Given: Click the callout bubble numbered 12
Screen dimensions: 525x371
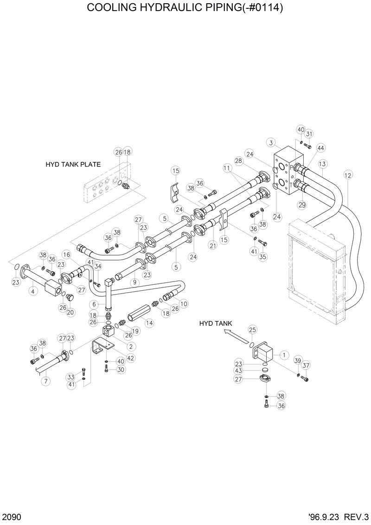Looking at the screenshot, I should pos(348,175).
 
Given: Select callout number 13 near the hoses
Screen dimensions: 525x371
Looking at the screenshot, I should pos(323,164).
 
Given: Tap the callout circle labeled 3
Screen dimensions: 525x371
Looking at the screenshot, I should pos(272,142).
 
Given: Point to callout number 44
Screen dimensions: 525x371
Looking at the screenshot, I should pos(320,148).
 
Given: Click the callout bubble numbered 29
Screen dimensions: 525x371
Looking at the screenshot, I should pos(301,205).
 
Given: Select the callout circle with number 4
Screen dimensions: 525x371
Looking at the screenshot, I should pos(32,291).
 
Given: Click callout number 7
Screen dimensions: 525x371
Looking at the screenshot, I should pos(45,381).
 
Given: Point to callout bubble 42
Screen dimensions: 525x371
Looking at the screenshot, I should pos(130,358).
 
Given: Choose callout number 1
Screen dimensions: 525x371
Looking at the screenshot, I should pos(284,355).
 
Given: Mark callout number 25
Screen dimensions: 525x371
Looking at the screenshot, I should pos(252,330).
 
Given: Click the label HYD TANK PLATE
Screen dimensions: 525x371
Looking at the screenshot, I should pos(73,164).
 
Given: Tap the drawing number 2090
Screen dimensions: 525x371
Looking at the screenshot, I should pos(11,516).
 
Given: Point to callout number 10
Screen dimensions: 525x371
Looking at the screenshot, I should pos(184,304).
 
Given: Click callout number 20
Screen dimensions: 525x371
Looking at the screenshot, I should pos(70,312).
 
